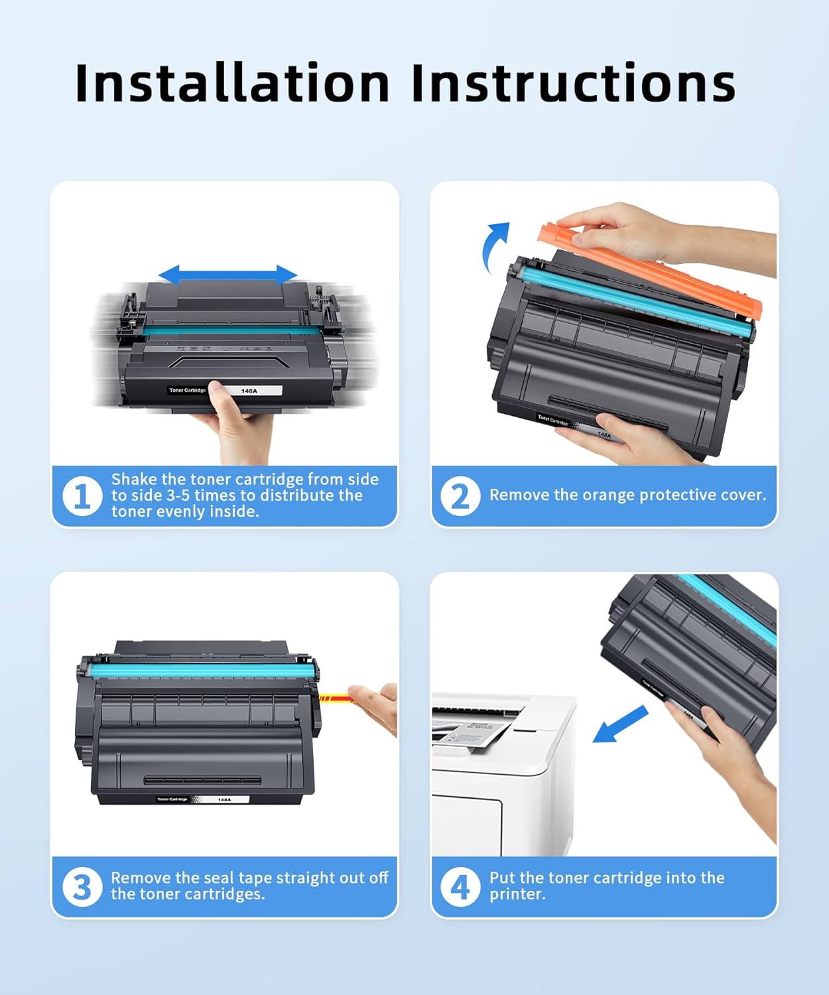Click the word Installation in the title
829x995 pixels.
(x=232, y=83)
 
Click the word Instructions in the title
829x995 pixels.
(x=573, y=83)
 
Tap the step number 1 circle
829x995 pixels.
(x=82, y=496)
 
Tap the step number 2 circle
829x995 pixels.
(x=460, y=496)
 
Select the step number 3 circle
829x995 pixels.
(x=82, y=887)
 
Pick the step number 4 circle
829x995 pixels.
(x=460, y=887)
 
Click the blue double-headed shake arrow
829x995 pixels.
(x=227, y=274)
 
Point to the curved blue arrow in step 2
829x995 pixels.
(x=495, y=245)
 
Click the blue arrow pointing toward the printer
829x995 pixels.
(x=619, y=724)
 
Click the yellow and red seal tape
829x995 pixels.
(x=336, y=698)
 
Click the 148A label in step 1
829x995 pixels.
(x=249, y=391)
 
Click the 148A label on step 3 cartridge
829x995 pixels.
(x=224, y=800)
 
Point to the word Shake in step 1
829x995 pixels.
(x=135, y=479)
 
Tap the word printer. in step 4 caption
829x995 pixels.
(x=517, y=894)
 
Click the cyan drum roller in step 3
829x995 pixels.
(x=199, y=671)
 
